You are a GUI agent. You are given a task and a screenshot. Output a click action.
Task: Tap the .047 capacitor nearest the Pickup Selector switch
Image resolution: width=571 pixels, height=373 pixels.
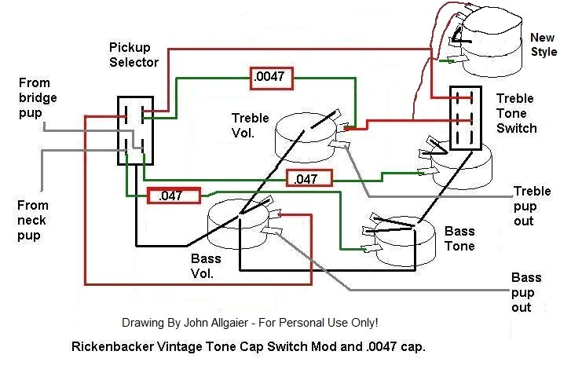174,196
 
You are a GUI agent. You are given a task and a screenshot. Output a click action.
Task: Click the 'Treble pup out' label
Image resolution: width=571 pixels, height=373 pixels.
534,206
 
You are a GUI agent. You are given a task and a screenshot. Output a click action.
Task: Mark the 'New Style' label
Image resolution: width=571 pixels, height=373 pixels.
543,45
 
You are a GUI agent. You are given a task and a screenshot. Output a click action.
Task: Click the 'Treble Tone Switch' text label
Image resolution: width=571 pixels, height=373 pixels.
517,113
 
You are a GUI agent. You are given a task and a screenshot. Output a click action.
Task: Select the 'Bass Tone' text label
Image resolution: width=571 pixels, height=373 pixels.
459,238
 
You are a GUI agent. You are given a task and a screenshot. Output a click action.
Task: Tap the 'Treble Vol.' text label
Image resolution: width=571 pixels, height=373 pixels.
251,126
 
